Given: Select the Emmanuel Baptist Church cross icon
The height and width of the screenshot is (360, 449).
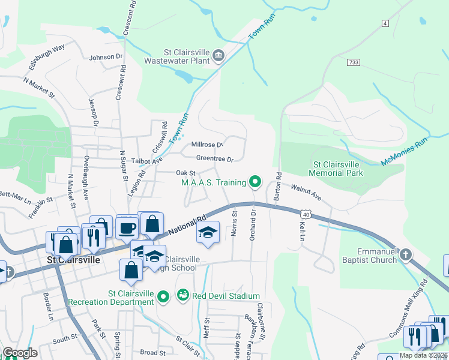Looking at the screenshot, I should click(x=406, y=255).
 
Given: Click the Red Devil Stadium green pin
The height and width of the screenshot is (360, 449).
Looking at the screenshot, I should click(x=182, y=296).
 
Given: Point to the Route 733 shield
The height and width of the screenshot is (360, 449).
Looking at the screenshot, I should click(x=353, y=62).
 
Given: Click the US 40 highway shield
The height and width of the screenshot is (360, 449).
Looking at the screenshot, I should click(x=306, y=214).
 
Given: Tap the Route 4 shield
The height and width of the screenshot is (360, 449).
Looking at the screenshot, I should click(x=385, y=23).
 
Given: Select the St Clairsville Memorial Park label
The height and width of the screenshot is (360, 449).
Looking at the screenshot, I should click(x=336, y=169).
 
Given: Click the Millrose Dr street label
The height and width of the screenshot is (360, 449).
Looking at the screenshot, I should click(x=207, y=145).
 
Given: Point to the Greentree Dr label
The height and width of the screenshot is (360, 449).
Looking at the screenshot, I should click(x=214, y=159).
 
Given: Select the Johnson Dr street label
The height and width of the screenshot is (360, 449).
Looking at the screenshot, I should click(x=106, y=58).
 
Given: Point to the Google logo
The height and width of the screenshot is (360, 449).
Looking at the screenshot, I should click(x=20, y=353).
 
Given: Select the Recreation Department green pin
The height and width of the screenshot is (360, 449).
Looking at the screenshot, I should click(x=163, y=296).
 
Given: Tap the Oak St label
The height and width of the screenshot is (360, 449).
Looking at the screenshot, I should click(x=185, y=173).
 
